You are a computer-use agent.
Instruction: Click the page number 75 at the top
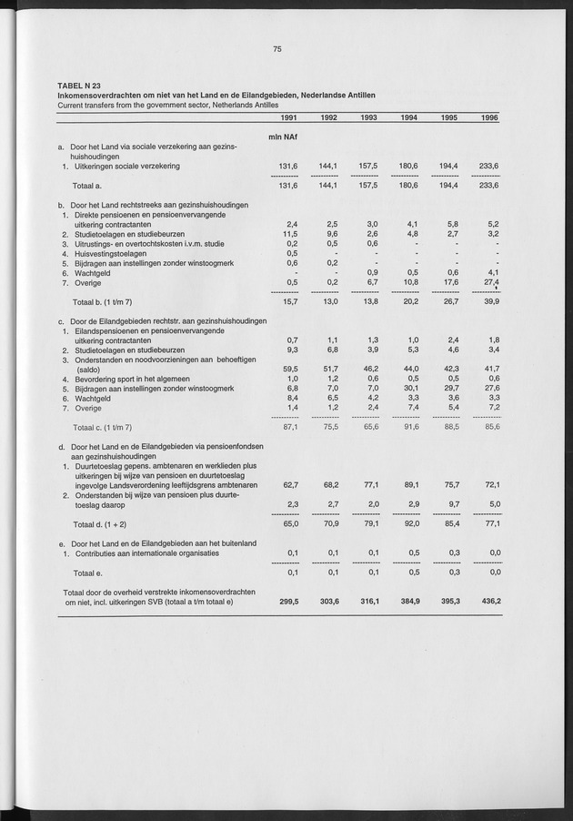click(277, 50)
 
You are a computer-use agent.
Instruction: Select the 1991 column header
click(287, 118)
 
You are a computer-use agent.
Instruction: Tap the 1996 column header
click(489, 118)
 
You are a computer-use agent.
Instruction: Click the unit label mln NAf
click(284, 137)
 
